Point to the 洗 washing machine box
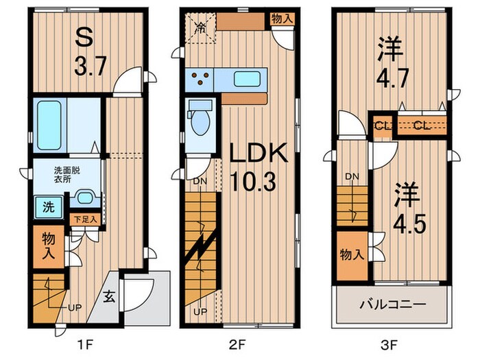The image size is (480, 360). [x=43, y=205]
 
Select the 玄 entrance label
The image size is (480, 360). [x=109, y=297]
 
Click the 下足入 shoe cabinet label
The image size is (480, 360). [x=86, y=219]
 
